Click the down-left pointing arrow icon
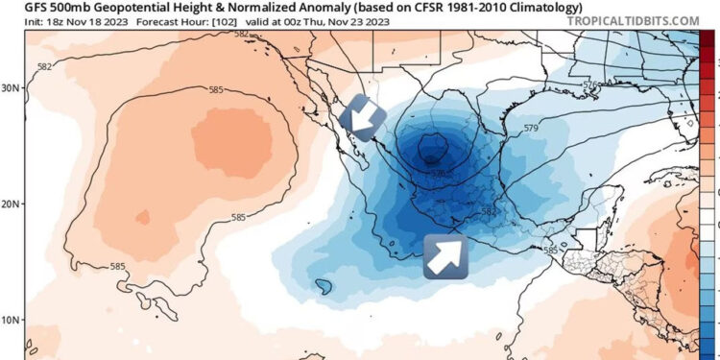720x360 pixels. [363, 118]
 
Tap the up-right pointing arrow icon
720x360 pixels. [445, 256]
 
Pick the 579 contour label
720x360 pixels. [530, 128]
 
